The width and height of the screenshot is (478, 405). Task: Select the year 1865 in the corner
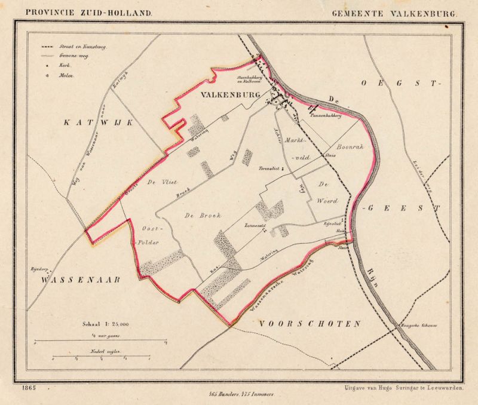(27, 388)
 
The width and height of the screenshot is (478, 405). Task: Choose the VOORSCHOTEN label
(311, 324)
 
